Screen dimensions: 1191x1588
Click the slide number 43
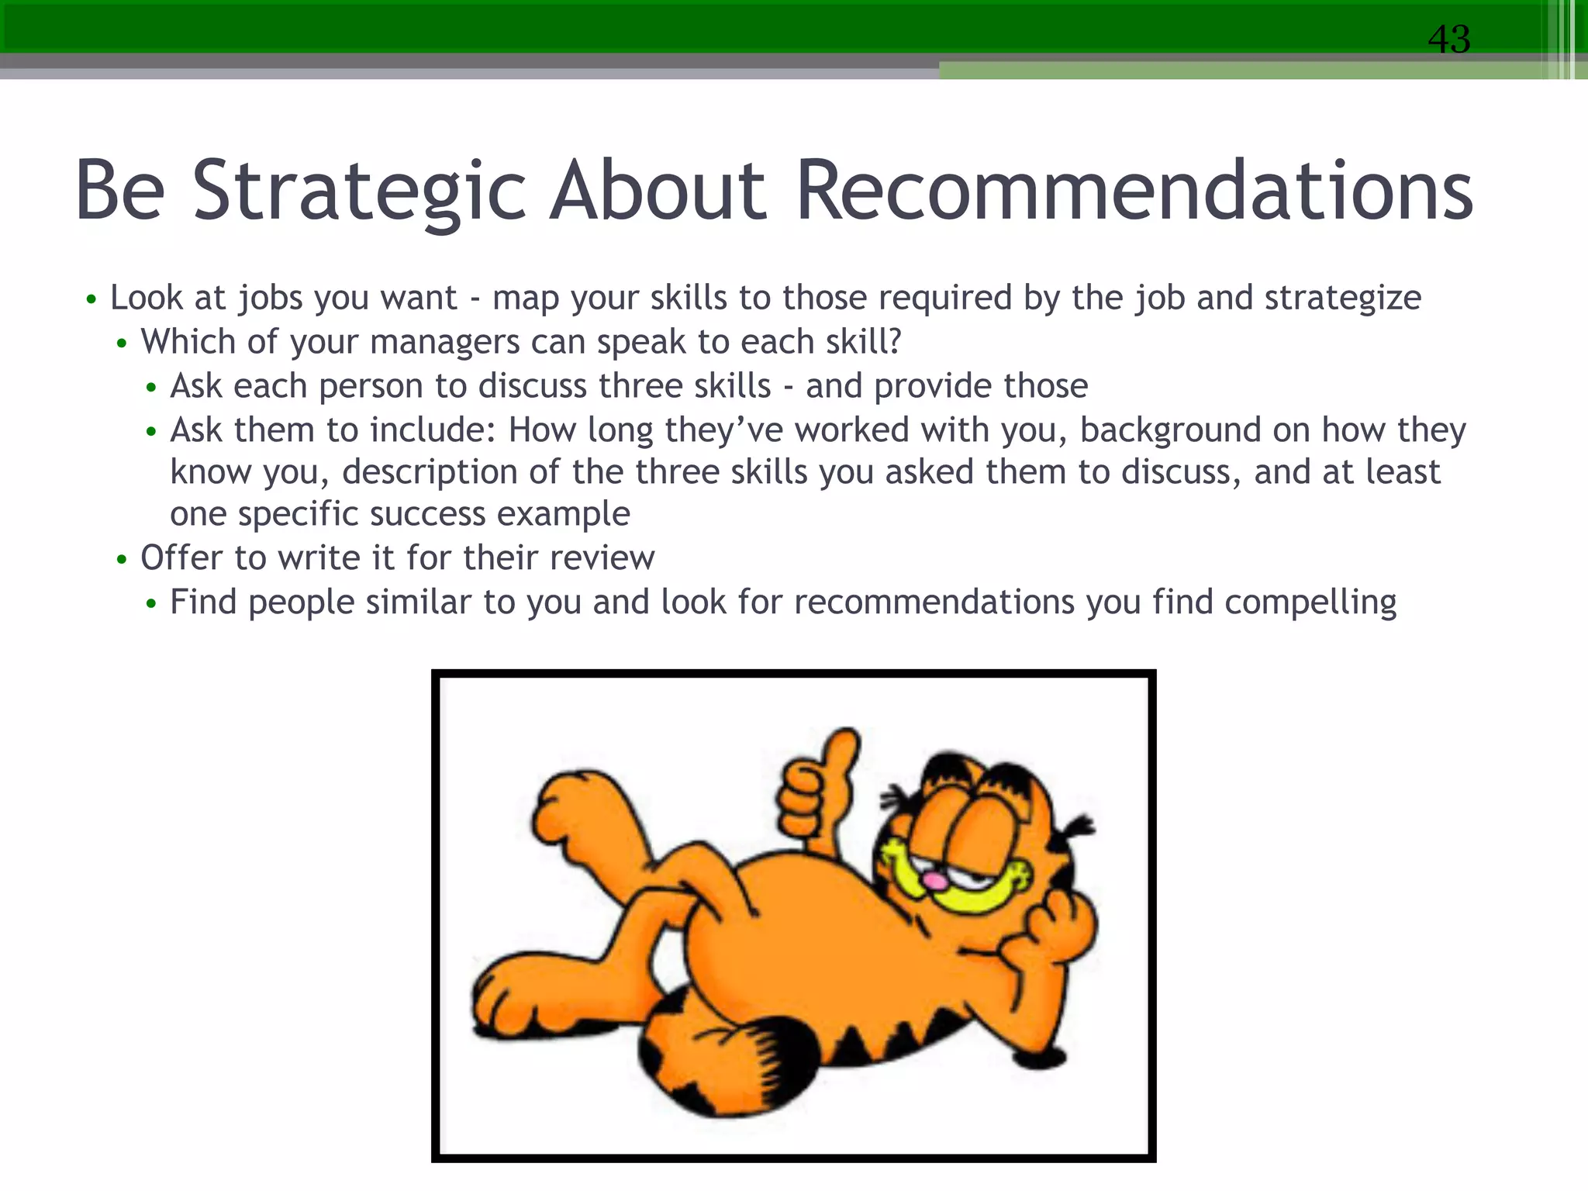click(x=1448, y=39)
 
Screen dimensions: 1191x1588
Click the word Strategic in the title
click(x=359, y=190)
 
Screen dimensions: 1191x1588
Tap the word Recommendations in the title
click(x=1134, y=190)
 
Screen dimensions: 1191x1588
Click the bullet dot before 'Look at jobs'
click(x=91, y=299)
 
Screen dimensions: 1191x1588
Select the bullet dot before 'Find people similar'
click(x=151, y=604)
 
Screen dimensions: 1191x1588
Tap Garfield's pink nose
click(x=937, y=881)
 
